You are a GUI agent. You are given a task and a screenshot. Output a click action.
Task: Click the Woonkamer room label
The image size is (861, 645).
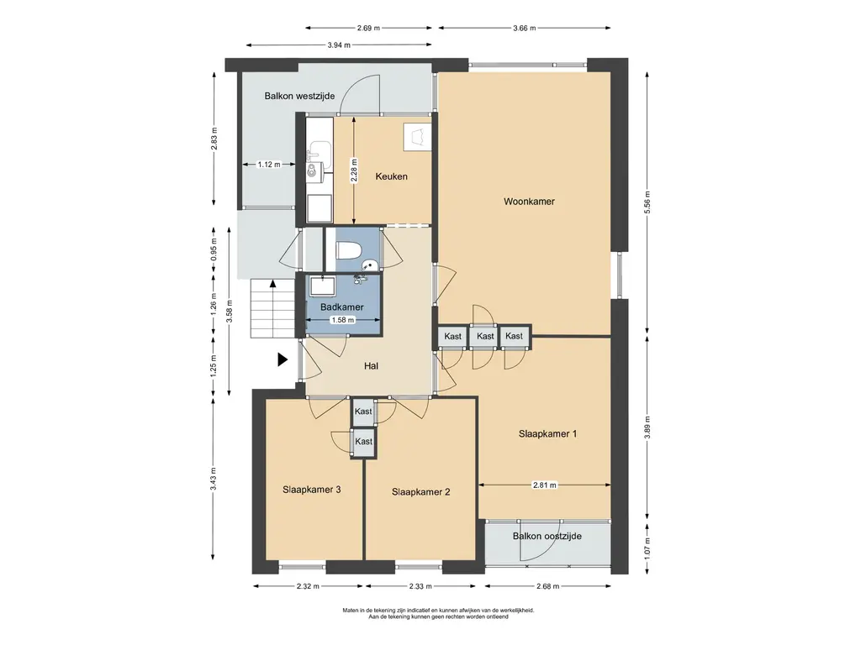point(529,202)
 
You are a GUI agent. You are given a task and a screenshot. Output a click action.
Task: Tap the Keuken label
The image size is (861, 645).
point(392,176)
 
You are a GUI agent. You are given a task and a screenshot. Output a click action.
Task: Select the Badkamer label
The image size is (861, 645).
point(342,307)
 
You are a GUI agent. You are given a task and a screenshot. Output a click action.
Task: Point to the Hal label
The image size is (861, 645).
point(371,366)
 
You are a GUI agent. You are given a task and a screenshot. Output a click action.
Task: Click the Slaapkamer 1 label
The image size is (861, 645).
point(547,434)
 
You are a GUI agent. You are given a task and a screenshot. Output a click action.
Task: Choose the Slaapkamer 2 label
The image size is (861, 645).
point(420,492)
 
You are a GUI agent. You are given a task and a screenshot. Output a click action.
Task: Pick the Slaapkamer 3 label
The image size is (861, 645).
point(311,490)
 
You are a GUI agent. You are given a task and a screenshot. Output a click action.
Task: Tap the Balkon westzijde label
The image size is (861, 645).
point(299,96)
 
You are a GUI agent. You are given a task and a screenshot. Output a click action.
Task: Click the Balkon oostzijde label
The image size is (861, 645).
point(547,536)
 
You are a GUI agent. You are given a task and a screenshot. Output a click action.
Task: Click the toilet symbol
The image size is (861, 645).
point(348,249)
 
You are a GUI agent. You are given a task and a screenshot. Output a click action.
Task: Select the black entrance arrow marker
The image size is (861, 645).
point(283,359)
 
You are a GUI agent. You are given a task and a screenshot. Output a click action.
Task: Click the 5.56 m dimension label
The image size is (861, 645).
point(647,203)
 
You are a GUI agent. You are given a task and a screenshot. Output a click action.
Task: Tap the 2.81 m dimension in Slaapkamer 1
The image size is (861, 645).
point(544,485)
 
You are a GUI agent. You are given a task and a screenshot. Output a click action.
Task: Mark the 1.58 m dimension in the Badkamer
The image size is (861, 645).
point(343,320)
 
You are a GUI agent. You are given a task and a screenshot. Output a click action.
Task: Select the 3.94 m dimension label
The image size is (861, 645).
point(339,45)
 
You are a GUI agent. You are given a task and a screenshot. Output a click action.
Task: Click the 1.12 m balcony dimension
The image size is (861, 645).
point(269,164)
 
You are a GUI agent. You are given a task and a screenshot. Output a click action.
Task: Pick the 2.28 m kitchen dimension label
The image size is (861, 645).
point(354,170)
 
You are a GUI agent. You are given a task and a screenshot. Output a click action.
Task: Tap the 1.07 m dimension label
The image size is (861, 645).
point(647,548)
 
